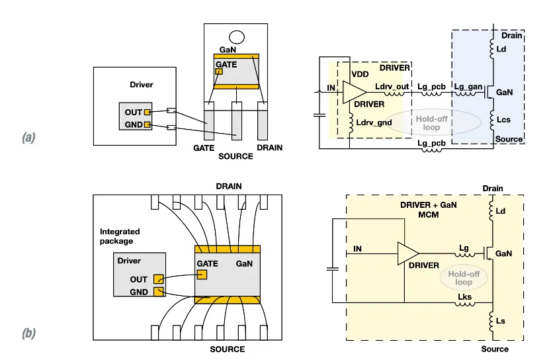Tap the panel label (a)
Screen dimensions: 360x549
click(x=28, y=138)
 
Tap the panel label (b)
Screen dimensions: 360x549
click(x=28, y=334)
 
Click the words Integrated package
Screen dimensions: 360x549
click(x=120, y=236)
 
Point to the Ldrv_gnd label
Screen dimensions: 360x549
click(x=374, y=122)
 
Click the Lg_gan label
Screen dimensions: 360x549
click(x=468, y=87)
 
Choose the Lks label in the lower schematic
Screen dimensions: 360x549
click(x=465, y=297)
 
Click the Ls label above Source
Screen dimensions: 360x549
click(x=501, y=321)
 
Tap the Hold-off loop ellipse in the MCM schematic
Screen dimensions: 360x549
click(x=464, y=278)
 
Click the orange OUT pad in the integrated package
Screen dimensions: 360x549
click(x=158, y=279)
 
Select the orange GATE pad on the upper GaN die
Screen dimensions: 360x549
click(x=219, y=71)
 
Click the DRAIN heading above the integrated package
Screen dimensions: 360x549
click(x=229, y=186)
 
